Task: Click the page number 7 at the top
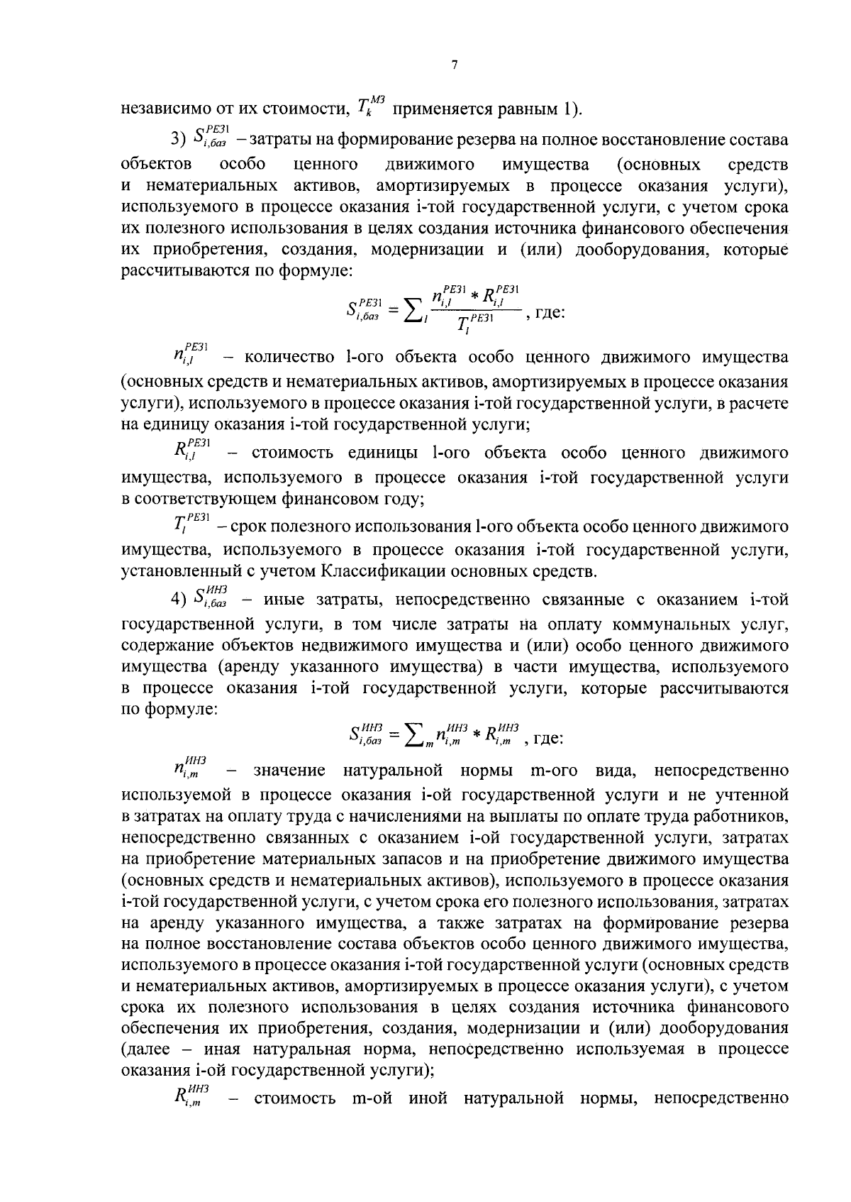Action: click(455, 66)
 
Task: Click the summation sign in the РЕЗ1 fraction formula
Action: click(411, 311)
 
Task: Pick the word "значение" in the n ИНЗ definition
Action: click(289, 771)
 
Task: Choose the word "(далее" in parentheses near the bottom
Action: click(145, 1049)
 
